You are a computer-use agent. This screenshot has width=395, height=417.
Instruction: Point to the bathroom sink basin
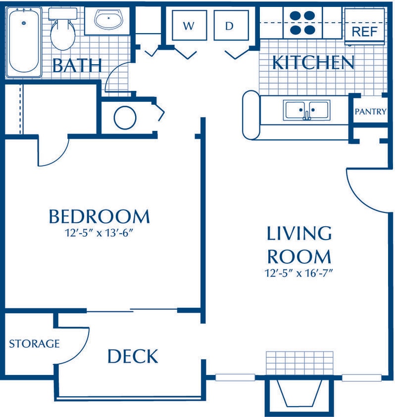click(x=108, y=21)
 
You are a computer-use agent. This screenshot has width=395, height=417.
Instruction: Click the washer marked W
click(x=188, y=26)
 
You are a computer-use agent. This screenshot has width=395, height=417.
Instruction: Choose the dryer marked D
click(x=229, y=26)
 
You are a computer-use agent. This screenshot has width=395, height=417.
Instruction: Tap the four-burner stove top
click(x=302, y=22)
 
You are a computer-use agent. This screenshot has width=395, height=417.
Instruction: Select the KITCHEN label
click(x=313, y=63)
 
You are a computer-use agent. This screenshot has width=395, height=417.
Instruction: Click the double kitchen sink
click(x=306, y=110)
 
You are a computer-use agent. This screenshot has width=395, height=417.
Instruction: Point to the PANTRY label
click(x=370, y=112)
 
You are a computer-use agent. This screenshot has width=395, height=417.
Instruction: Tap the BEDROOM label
click(x=99, y=216)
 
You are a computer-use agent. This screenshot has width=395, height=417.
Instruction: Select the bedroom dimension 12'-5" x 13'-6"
click(x=99, y=233)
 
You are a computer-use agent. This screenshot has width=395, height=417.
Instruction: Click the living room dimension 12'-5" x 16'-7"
click(x=299, y=273)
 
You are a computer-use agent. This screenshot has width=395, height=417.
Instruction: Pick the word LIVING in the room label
click(x=299, y=233)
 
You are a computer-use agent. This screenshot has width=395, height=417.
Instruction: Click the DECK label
click(x=133, y=356)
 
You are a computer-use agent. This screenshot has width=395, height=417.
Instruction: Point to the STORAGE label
click(x=34, y=343)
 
